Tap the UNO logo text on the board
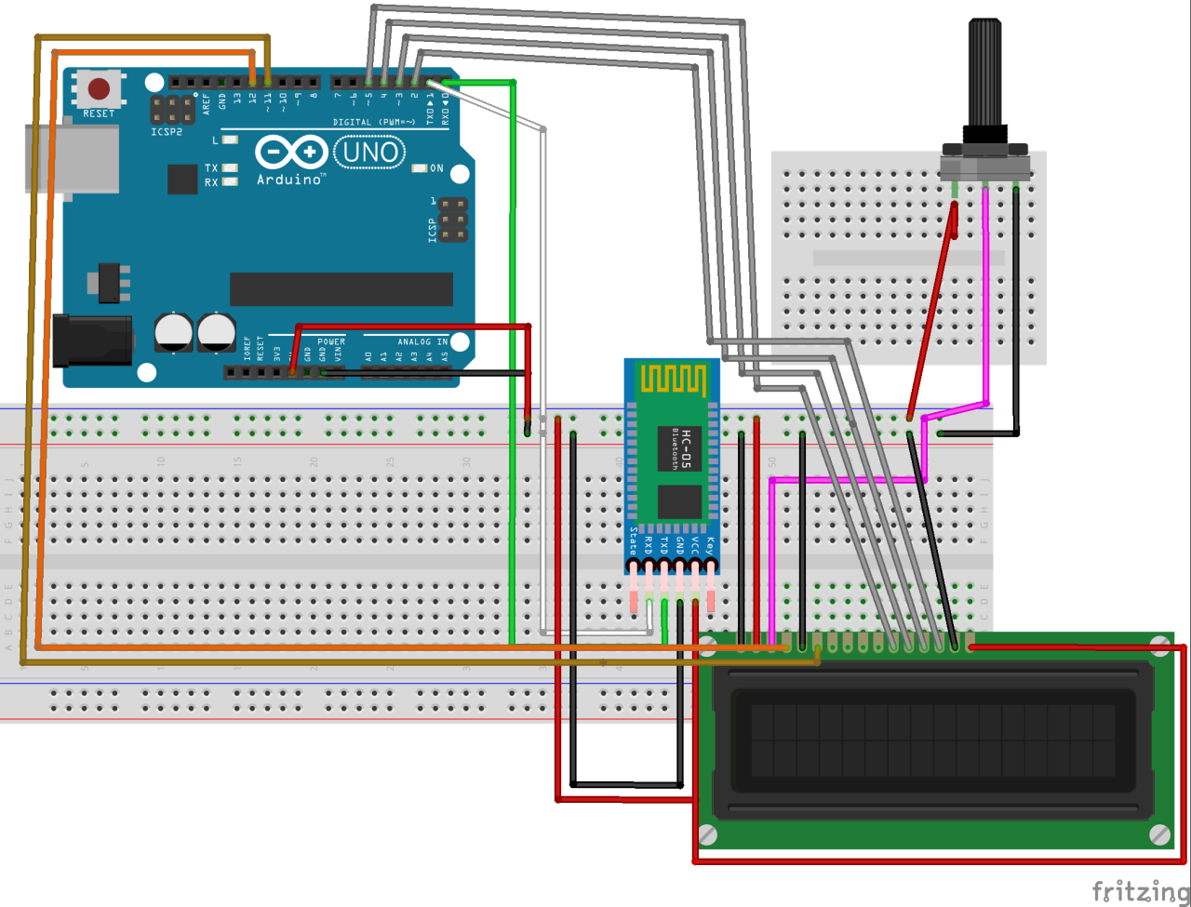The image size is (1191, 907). pyautogui.click(x=369, y=152)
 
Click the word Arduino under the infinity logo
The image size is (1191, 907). pyautogui.click(x=290, y=179)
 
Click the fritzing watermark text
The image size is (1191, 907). pyautogui.click(x=1139, y=890)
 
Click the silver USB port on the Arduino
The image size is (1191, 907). pyautogui.click(x=70, y=160)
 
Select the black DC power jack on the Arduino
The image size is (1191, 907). pyautogui.click(x=90, y=340)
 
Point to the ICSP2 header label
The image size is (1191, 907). pyautogui.click(x=167, y=132)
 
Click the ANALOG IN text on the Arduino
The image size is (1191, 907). pyautogui.click(x=422, y=341)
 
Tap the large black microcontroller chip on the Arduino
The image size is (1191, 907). pyautogui.click(x=341, y=289)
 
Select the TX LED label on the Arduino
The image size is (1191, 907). pyautogui.click(x=211, y=168)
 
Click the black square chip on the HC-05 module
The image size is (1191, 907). pyautogui.click(x=679, y=500)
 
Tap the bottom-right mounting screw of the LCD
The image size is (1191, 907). pyautogui.click(x=1159, y=834)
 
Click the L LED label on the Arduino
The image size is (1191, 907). pyautogui.click(x=216, y=140)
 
